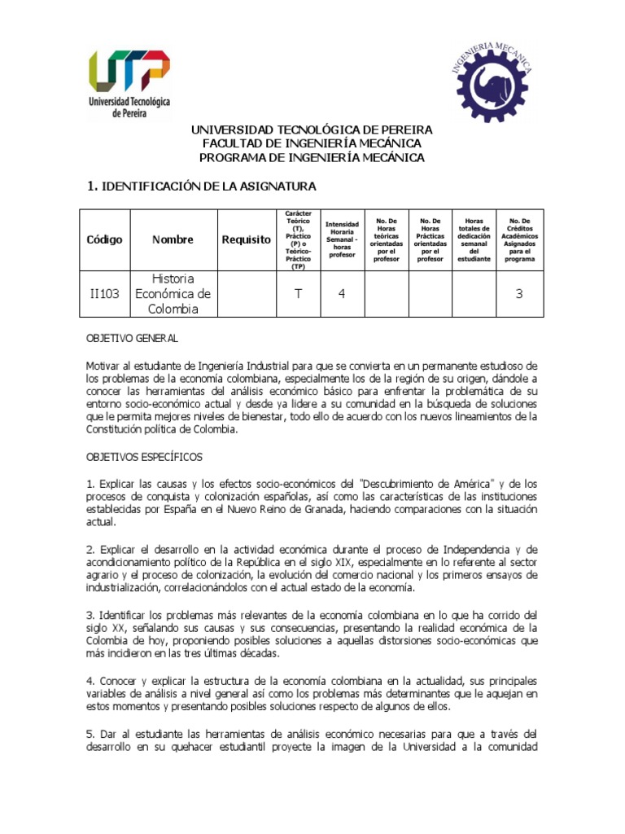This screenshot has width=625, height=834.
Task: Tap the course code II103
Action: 105,293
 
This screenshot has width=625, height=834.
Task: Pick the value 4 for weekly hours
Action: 342,293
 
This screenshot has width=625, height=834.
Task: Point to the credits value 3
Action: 518,293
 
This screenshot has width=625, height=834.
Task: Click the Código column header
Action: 105,239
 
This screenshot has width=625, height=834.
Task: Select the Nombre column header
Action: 173,239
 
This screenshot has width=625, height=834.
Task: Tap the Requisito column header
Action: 246,239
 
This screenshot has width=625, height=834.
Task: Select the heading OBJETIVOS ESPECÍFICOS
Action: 145,457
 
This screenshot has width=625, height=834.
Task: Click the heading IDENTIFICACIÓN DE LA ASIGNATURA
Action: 201,187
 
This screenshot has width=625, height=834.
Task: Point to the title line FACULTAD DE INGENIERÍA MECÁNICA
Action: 312,143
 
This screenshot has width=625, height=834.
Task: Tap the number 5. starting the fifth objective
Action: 90,732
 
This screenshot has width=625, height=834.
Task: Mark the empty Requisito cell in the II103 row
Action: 246,293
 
